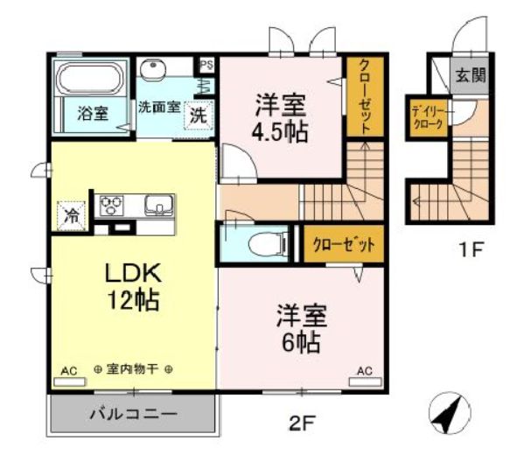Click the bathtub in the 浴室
point(88,79)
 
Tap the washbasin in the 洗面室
point(153,69)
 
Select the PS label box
point(206,65)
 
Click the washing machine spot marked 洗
point(199,115)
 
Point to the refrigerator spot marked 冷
point(71,216)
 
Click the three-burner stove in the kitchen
point(112,206)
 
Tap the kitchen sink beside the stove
point(158,206)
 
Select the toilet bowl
point(268,242)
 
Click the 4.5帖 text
point(280,133)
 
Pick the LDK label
point(134,274)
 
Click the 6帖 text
point(301,342)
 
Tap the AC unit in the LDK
point(69,382)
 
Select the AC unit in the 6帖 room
point(366,381)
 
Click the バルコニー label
point(134,415)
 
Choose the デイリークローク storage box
point(428,118)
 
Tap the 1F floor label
point(472,249)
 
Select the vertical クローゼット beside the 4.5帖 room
point(365,96)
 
